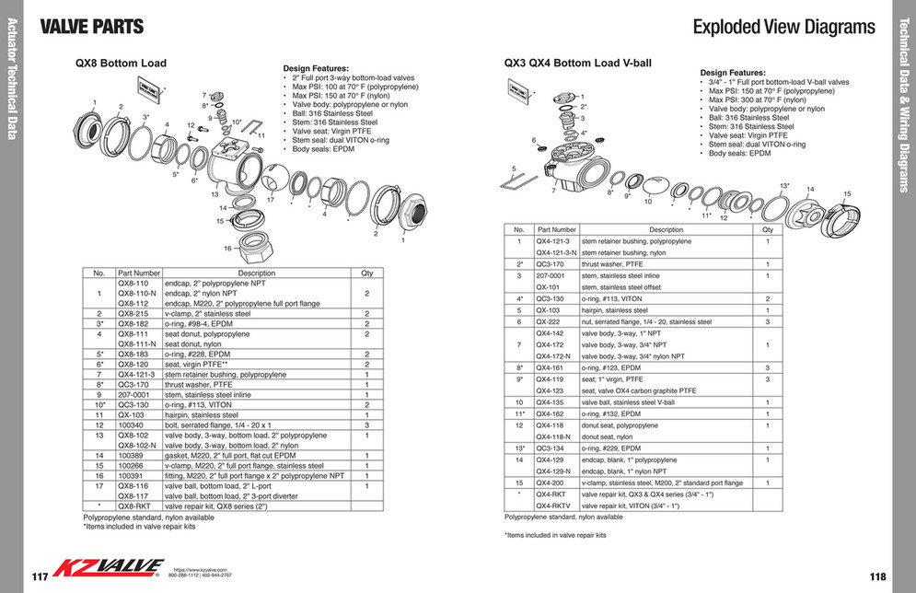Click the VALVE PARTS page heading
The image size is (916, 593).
click(x=92, y=26)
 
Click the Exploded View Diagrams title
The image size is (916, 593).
click(x=783, y=27)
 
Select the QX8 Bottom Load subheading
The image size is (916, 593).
click(x=121, y=64)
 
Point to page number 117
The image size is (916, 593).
click(x=39, y=576)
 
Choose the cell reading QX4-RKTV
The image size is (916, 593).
click(x=555, y=506)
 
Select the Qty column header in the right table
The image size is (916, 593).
click(x=767, y=229)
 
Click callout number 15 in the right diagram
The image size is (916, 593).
click(x=847, y=194)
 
